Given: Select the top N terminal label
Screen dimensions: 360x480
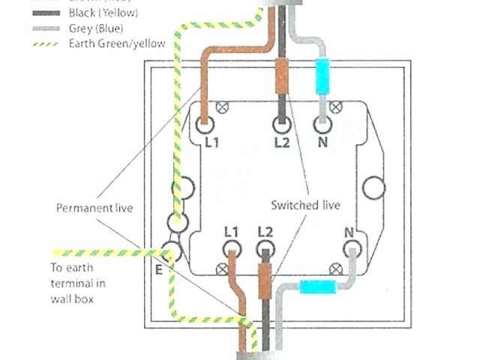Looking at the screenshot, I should click(322, 141).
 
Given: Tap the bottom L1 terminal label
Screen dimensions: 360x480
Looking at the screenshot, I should click(231, 230).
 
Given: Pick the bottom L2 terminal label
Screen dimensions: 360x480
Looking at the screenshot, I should click(263, 230).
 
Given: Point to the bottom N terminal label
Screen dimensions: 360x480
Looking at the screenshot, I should click(349, 230).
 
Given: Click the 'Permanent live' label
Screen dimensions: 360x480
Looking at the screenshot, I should click(94, 208).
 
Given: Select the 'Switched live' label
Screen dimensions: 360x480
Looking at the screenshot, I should click(305, 204).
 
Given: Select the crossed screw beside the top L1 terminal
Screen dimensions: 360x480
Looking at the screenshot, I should click(222, 108).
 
